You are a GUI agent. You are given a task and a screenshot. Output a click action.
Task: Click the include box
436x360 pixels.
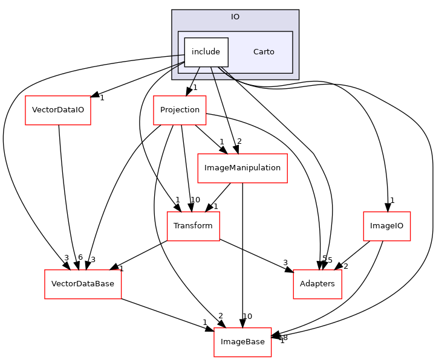pos(206,52)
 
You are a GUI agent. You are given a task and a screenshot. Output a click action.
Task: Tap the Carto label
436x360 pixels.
pos(264,52)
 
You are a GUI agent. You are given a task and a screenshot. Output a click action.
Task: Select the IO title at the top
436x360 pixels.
pos(235,17)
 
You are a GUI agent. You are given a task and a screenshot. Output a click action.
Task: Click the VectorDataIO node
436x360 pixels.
pos(58,111)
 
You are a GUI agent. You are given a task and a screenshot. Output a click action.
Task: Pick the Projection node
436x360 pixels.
pos(180,110)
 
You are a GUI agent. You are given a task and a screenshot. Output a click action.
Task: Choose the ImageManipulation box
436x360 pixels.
pos(242,168)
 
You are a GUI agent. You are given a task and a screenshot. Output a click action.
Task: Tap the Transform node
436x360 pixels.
pos(193,226)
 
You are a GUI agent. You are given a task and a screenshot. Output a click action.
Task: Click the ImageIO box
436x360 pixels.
pos(386,226)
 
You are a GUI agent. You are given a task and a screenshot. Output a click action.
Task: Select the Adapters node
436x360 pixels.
pos(317,284)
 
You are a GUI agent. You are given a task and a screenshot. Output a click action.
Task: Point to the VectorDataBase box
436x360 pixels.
pos(83,284)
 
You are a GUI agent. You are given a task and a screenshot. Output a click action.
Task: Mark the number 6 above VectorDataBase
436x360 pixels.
pos(80,257)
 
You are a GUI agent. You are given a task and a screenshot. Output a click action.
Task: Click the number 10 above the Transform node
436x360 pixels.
pos(195,200)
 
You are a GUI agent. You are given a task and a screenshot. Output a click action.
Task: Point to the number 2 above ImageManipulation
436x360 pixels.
pos(239,141)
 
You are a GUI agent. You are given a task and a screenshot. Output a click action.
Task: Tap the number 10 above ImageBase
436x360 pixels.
pos(247,316)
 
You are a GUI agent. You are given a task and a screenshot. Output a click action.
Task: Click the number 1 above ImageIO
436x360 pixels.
pos(392,200)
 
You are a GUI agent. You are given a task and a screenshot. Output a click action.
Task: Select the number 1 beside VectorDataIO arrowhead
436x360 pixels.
pos(102,98)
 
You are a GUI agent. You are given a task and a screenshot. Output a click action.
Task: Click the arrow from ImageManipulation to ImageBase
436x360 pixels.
pos(242,254)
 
